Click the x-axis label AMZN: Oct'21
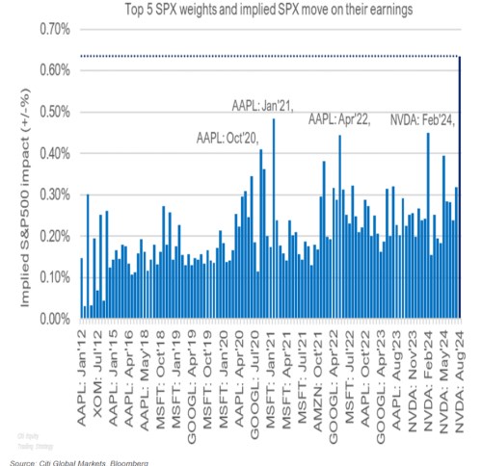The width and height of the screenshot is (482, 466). click(x=314, y=375)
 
